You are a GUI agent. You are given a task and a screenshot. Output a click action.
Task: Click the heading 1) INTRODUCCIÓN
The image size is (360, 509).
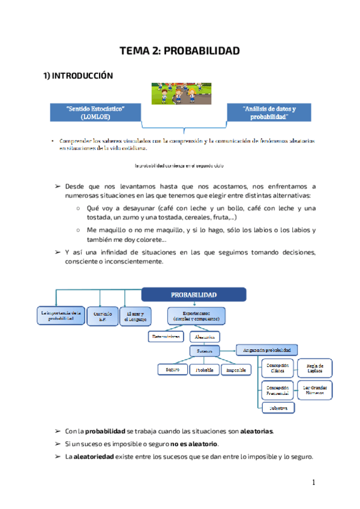77,76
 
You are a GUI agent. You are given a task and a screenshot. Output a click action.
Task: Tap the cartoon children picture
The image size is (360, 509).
179,92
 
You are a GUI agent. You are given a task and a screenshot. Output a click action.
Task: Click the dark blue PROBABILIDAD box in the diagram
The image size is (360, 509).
194,295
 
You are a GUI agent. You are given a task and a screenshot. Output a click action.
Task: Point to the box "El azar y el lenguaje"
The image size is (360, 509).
136,316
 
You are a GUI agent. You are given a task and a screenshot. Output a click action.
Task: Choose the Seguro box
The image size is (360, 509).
173,370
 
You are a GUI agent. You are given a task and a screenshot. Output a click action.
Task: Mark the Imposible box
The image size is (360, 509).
236,370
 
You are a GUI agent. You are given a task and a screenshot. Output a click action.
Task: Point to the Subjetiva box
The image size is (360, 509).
278,408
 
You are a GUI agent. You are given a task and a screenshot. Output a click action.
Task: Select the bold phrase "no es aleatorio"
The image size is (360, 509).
194,444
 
